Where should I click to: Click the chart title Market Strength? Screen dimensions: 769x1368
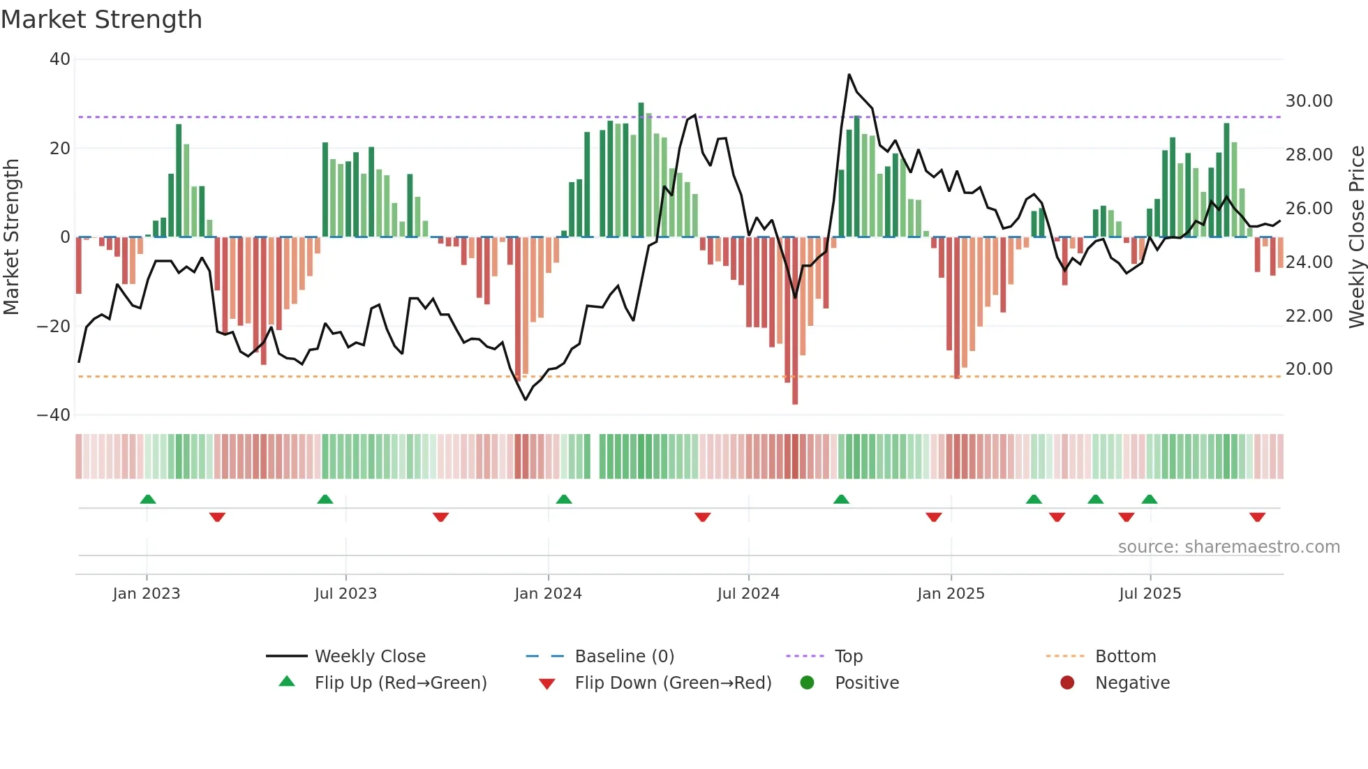101,20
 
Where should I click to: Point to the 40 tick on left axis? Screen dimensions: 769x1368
60,59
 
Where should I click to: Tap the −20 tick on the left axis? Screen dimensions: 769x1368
54,326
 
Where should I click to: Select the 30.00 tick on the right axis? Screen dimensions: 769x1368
1309,101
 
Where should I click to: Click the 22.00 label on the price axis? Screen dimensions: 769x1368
1309,316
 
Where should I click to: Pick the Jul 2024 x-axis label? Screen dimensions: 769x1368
748,594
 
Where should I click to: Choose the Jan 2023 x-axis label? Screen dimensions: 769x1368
147,594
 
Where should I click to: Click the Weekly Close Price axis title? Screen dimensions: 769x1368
1356,237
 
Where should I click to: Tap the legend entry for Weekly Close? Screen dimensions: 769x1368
370,657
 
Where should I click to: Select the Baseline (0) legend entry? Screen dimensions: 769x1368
624,657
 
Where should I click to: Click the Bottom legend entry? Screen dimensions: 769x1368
1125,657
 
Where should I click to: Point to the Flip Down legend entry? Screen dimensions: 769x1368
673,683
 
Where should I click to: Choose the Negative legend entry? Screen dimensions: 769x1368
1132,683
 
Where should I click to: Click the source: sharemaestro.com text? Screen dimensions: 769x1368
1228,547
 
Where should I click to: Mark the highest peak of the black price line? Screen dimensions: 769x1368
849,75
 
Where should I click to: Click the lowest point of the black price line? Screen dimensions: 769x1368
526,399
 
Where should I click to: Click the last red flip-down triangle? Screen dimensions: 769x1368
1257,517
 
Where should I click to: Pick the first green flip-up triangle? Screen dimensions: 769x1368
148,499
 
